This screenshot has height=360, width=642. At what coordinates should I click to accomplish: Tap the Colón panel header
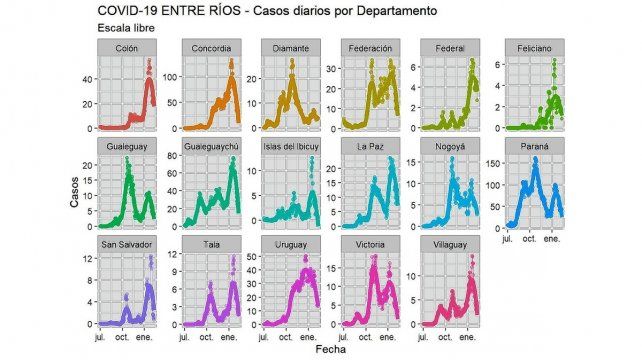[x=127, y=48]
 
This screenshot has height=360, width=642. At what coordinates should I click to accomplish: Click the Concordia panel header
[x=209, y=48]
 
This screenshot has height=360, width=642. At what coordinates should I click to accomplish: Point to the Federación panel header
[x=371, y=48]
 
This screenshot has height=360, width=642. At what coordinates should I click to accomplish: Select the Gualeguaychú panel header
[x=209, y=146]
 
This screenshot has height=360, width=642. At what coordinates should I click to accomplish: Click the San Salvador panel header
[x=127, y=244]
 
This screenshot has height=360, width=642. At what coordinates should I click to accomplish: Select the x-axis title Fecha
[x=331, y=350]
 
